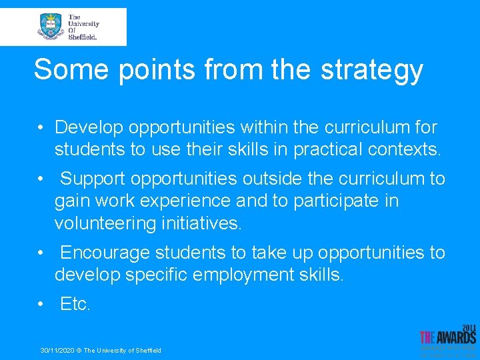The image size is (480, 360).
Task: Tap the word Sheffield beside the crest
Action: [x=83, y=37]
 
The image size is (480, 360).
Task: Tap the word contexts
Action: [x=405, y=149]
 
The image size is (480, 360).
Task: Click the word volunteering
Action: [x=105, y=223]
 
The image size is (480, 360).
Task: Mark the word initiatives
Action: [x=202, y=223]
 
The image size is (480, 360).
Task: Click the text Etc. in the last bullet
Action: [x=75, y=304]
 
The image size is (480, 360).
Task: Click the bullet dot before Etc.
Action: [x=41, y=305]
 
